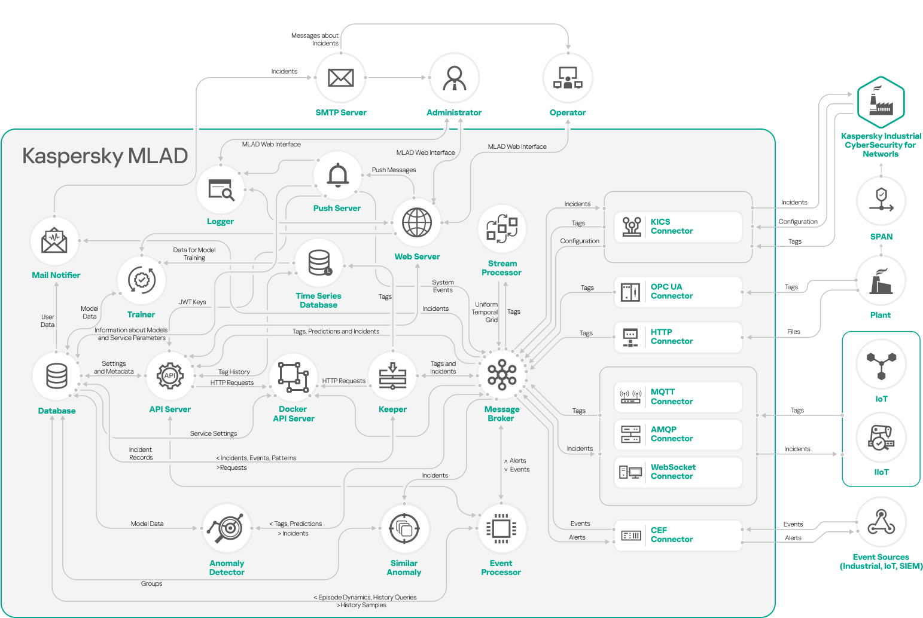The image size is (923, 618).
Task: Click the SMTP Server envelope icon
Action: click(x=340, y=78)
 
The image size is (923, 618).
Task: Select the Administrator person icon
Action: click(x=454, y=78)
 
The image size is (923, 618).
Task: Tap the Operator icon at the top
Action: click(x=567, y=78)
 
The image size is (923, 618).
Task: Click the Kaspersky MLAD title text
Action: click(x=105, y=156)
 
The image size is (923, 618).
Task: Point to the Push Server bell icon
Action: click(x=337, y=175)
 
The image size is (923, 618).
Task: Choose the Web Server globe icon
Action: click(x=417, y=223)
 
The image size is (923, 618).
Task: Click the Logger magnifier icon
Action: click(x=221, y=189)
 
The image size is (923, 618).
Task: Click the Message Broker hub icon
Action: click(x=502, y=375)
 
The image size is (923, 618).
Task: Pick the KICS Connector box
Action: click(x=678, y=227)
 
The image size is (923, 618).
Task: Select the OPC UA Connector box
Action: click(x=678, y=292)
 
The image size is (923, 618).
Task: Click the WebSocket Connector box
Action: click(x=678, y=472)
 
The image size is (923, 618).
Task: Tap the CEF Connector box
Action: click(x=678, y=535)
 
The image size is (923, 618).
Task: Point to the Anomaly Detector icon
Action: click(x=227, y=528)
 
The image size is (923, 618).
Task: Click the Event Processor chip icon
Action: click(x=501, y=528)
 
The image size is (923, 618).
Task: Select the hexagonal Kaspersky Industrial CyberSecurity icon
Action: click(x=881, y=102)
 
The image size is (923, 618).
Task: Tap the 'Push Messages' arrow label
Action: click(x=394, y=170)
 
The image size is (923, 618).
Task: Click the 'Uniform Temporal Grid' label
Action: click(x=485, y=312)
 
